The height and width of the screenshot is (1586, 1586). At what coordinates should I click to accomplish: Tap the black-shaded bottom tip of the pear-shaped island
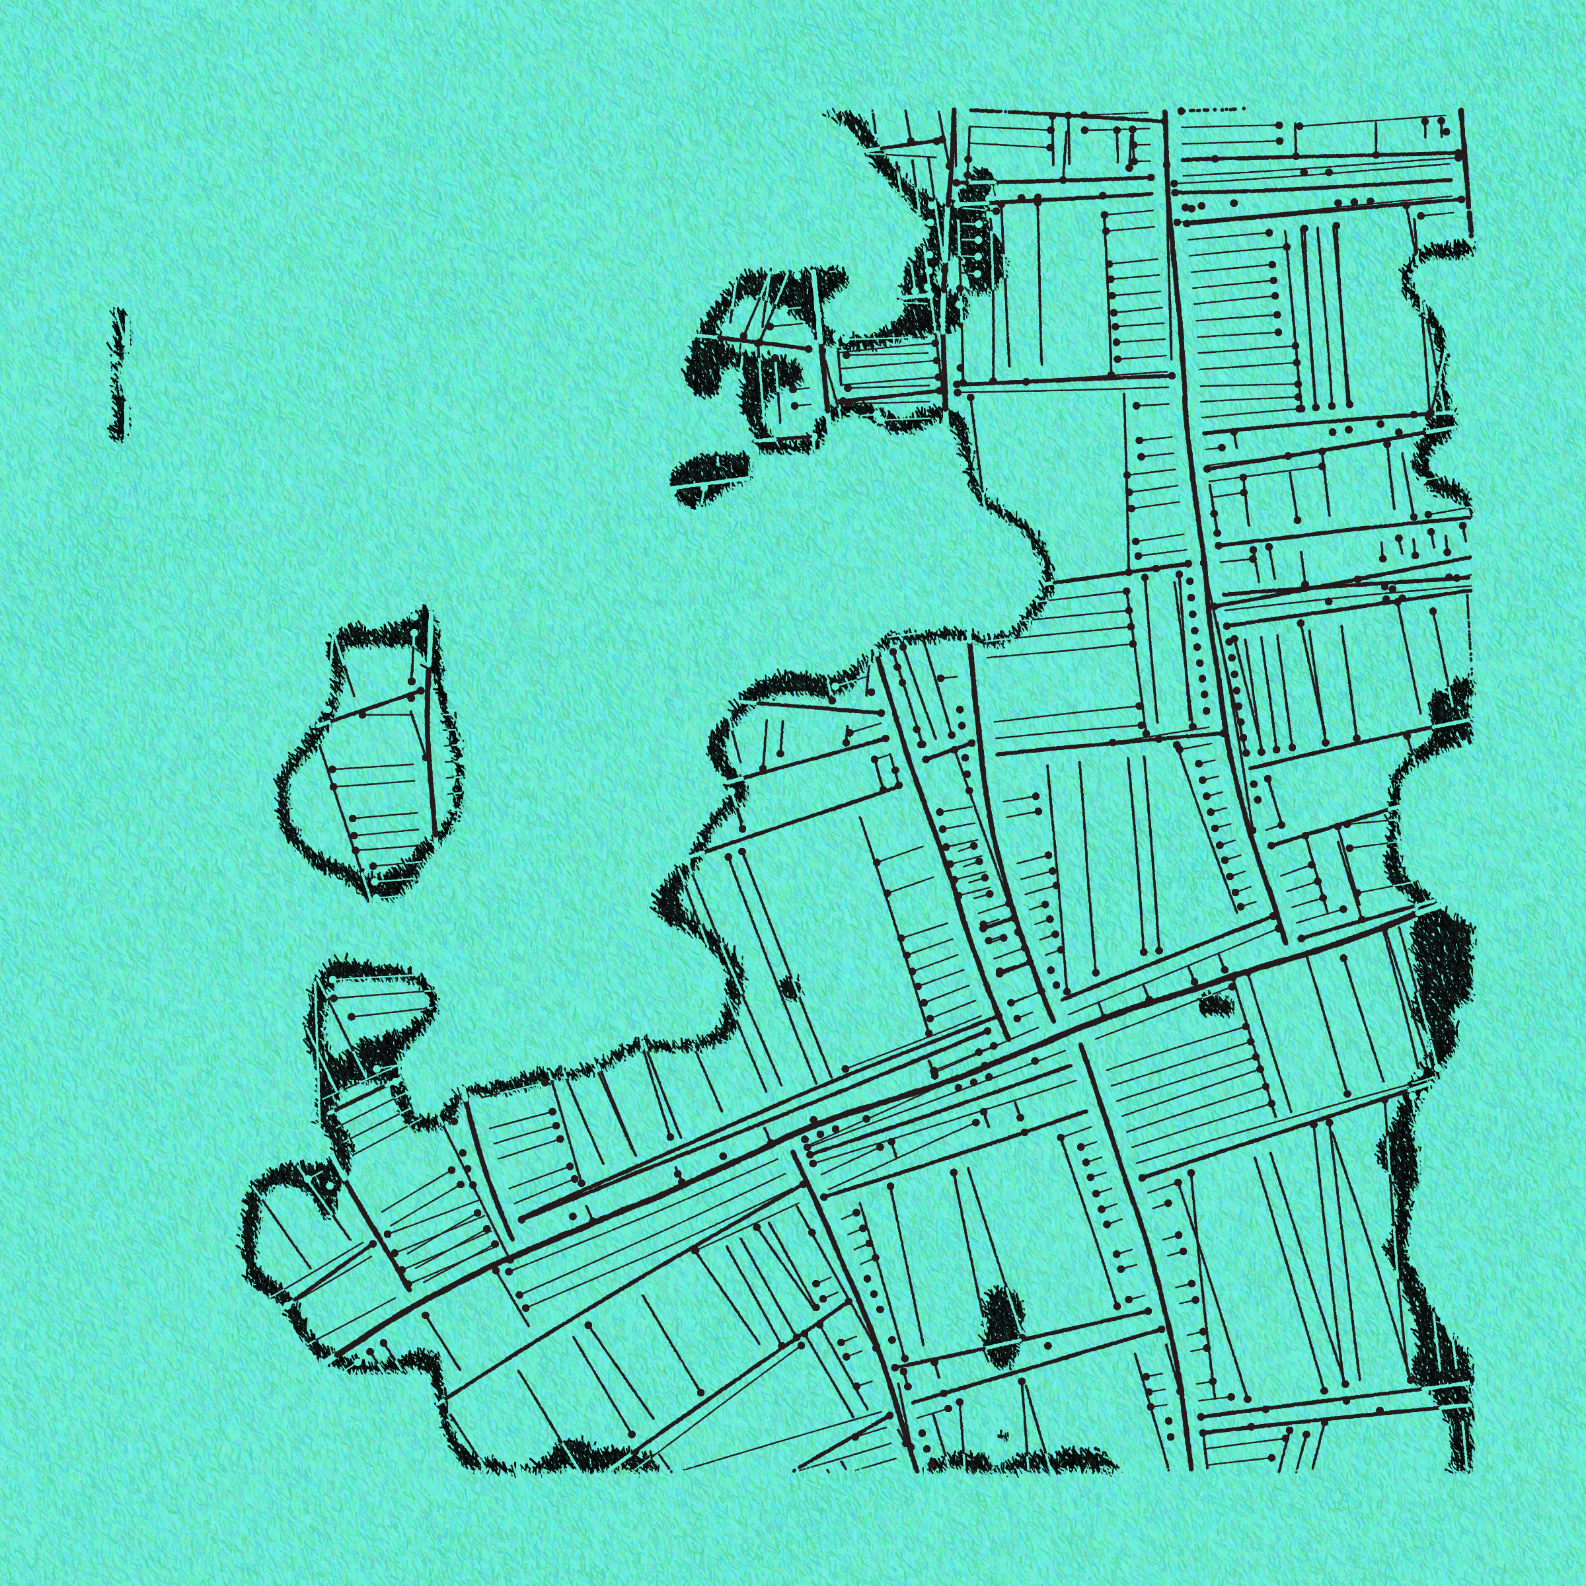386,885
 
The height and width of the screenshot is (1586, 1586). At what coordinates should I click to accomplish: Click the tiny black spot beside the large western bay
790,986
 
